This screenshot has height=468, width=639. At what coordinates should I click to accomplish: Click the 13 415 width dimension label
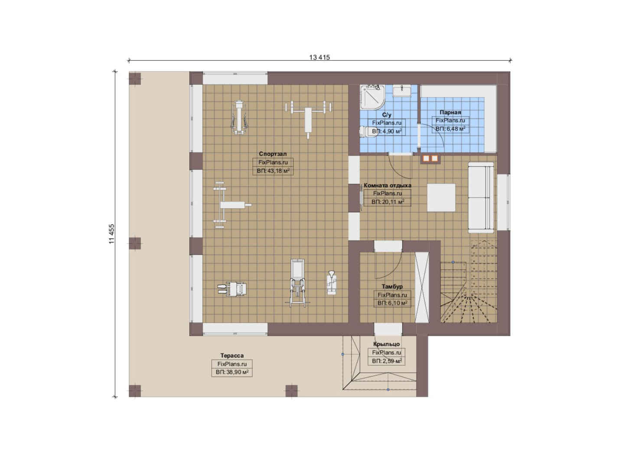319,57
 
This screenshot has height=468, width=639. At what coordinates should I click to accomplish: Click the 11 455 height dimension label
111,234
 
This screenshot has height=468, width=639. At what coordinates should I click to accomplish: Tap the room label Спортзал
273,154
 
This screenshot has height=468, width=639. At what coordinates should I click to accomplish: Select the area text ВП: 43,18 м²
273,171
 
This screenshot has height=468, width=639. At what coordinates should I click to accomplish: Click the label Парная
450,112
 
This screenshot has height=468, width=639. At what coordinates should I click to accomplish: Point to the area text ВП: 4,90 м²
387,131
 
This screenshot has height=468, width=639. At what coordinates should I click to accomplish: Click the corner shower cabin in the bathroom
372,97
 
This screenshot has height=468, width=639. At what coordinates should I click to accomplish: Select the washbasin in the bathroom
402,91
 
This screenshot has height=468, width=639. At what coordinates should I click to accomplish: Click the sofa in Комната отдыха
481,197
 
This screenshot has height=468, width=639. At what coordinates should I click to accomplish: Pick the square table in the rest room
441,197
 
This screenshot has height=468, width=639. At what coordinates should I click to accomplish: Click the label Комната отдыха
388,185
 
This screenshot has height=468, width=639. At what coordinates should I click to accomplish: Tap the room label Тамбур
392,286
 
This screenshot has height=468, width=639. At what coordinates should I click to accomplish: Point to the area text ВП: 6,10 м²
392,303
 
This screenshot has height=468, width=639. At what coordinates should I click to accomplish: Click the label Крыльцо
387,344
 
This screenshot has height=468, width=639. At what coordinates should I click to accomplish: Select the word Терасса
232,356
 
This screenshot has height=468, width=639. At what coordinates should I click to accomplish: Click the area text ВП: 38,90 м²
232,372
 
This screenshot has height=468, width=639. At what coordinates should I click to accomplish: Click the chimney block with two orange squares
430,159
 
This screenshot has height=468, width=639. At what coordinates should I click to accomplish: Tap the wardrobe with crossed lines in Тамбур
422,287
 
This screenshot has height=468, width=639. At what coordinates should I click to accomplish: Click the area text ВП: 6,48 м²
450,129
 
